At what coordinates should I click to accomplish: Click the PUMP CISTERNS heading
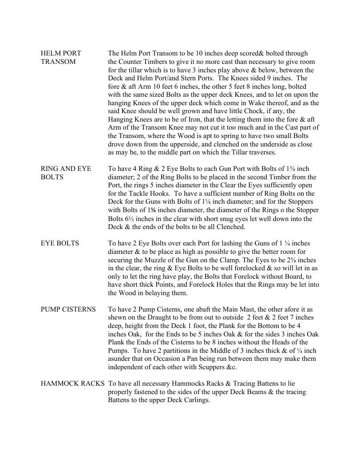tap(68, 309)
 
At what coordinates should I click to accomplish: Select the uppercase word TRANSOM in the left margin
tap(58, 62)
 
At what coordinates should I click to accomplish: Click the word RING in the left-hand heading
tap(49, 169)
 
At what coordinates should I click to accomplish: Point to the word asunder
tap(121, 359)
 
